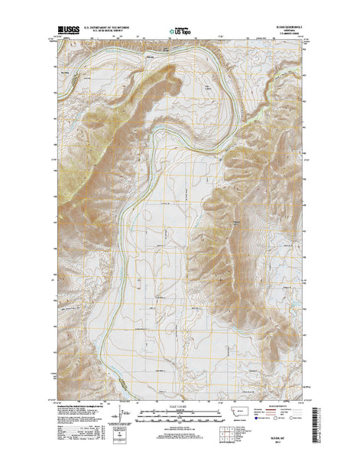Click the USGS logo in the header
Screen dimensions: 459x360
pyautogui.click(x=66, y=31)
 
